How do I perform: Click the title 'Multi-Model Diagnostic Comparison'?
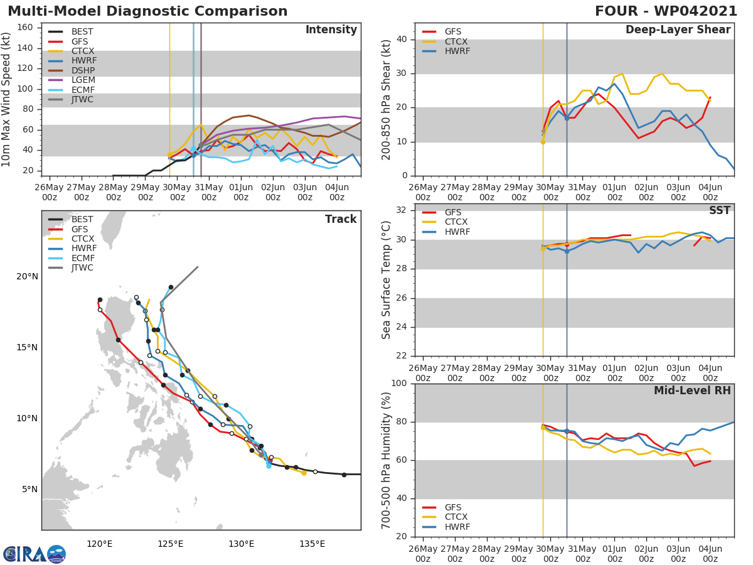[x=147, y=11]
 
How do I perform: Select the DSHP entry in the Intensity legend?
[x=83, y=71]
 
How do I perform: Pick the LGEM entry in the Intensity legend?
[x=83, y=81]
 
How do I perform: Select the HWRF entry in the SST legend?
[x=457, y=232]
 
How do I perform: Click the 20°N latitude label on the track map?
[x=27, y=277]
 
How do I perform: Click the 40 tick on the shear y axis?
[x=402, y=40]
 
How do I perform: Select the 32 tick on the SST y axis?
[x=402, y=210]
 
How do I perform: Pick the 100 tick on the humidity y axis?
[x=400, y=384]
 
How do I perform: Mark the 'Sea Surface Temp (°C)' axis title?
[x=387, y=280]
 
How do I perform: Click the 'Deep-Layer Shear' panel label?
[x=678, y=30]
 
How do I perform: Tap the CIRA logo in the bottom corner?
[x=35, y=554]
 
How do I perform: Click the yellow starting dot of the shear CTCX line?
[x=543, y=142]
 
